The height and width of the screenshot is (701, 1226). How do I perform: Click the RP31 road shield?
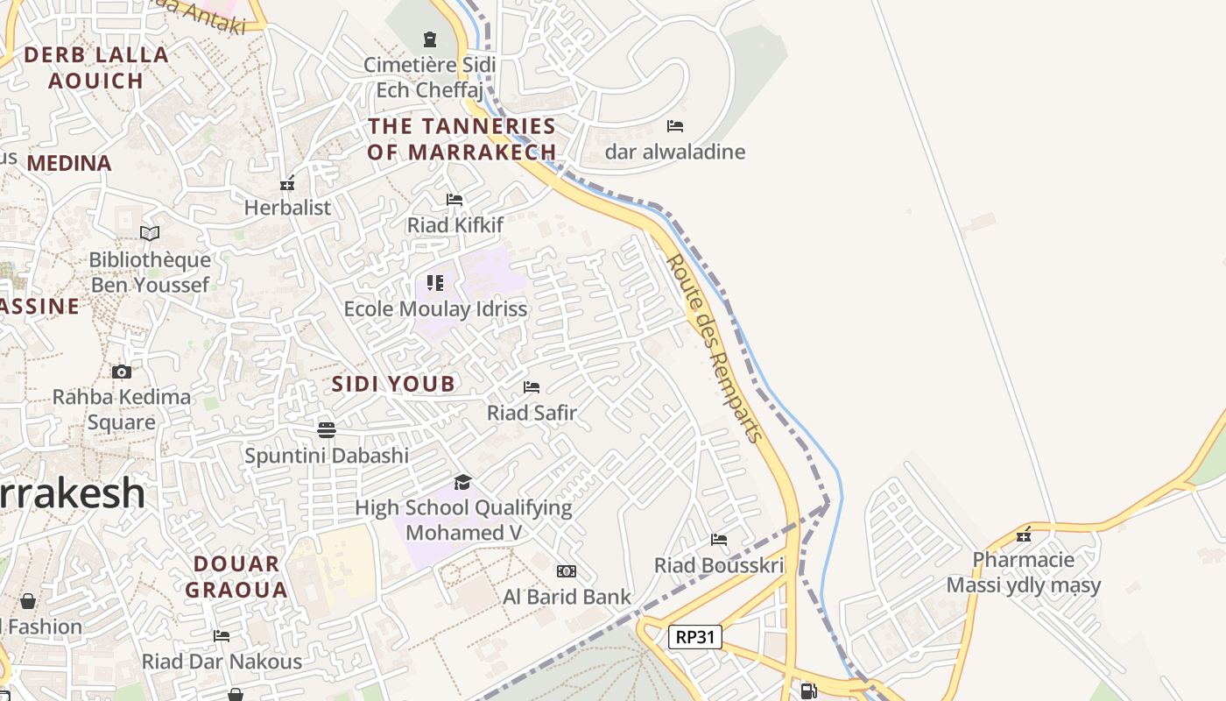[x=695, y=637]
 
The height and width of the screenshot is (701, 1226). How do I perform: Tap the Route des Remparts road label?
[x=714, y=349]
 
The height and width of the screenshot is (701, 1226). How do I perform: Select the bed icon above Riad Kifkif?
[x=454, y=200]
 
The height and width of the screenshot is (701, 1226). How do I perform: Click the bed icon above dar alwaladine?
[x=674, y=126]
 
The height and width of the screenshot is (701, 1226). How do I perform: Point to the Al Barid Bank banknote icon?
[x=567, y=571]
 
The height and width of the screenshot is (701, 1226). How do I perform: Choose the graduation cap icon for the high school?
[x=462, y=482]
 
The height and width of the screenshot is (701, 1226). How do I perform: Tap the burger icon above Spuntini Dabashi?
[x=327, y=429]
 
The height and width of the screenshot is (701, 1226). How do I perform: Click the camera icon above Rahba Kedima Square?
[x=122, y=372]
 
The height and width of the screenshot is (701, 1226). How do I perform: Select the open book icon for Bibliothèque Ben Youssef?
[x=150, y=233]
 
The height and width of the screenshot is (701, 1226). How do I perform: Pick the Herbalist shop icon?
[x=286, y=183]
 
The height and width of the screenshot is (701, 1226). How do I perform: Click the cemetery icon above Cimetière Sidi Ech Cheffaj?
[x=429, y=39]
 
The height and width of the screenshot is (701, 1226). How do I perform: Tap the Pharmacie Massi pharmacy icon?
[x=1023, y=535]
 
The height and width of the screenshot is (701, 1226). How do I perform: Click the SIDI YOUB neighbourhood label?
[x=393, y=384]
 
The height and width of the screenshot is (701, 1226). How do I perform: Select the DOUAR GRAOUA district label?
[x=236, y=577]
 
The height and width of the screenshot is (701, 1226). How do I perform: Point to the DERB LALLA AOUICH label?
[x=96, y=67]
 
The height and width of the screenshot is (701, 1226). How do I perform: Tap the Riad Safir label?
[x=532, y=413]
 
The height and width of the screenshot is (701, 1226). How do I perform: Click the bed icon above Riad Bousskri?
[x=719, y=540]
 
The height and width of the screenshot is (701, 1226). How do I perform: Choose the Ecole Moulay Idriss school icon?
[x=435, y=282]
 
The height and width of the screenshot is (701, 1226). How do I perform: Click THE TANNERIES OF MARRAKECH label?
[x=462, y=139]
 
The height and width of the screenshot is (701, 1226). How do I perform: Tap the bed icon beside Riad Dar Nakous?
[x=222, y=636]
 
